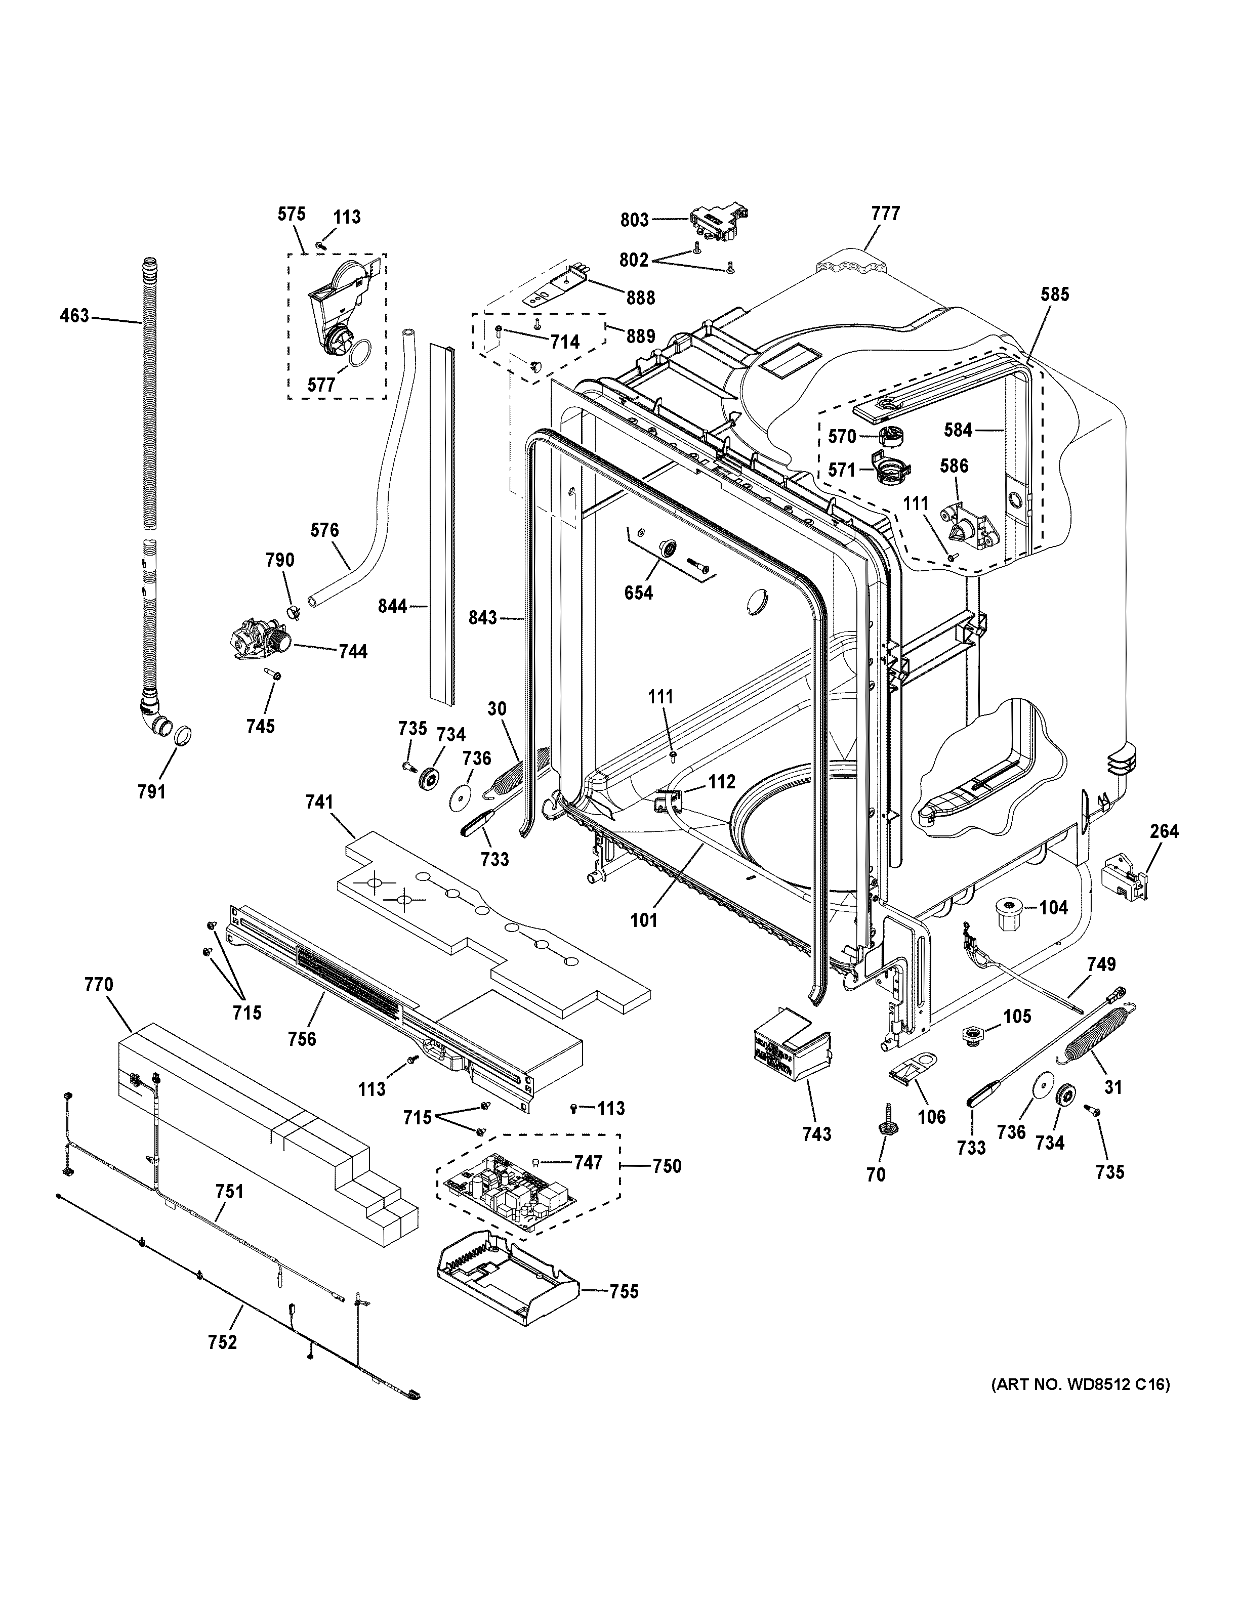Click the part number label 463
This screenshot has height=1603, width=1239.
tap(73, 316)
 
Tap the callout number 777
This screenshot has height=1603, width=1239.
tap(885, 214)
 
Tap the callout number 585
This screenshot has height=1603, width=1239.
tap(1054, 295)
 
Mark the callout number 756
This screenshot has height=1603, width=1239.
tap(302, 1039)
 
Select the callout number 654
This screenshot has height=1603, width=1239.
tap(638, 593)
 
